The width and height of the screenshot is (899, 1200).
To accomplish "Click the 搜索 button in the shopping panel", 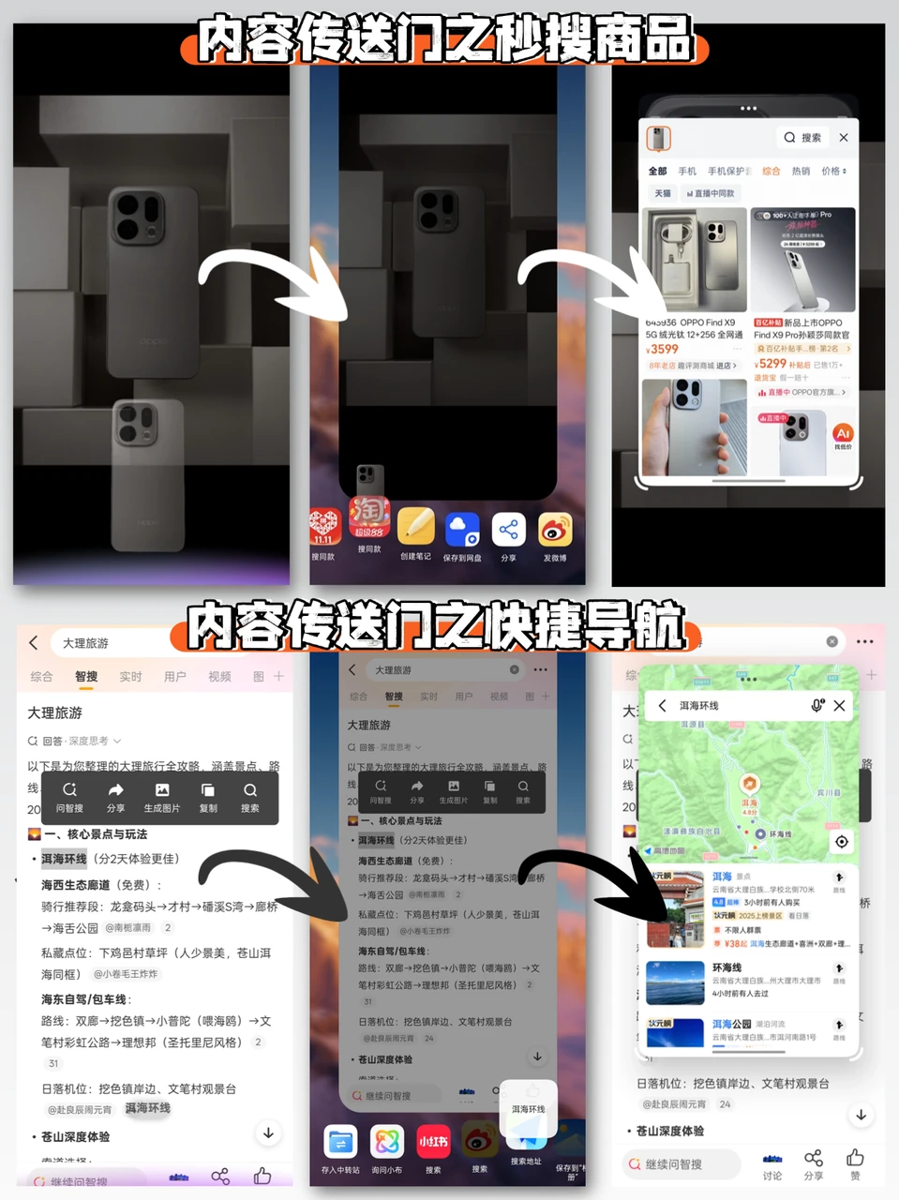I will point(803,138).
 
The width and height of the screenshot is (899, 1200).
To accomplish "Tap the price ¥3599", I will point(664,349).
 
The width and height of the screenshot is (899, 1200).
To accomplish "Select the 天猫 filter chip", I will point(663,193).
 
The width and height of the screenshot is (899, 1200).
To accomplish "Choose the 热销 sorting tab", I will point(801,171).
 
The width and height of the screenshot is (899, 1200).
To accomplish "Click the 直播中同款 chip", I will point(711,193).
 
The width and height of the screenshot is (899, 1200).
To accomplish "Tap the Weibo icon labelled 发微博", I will point(555,530).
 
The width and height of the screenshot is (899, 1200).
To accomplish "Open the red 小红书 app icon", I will point(433,1141).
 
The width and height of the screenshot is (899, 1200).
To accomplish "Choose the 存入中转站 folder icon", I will point(340,1141).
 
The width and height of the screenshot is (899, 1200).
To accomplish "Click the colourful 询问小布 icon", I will point(386,1141).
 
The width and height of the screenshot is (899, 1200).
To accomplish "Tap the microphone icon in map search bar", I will point(817,705).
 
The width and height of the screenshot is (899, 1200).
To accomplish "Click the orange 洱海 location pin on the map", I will point(750,784).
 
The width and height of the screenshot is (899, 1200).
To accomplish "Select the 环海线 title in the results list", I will point(727,967).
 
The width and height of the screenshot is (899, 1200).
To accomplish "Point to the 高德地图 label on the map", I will point(668,850).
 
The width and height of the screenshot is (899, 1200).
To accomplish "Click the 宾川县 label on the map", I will point(829,792).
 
